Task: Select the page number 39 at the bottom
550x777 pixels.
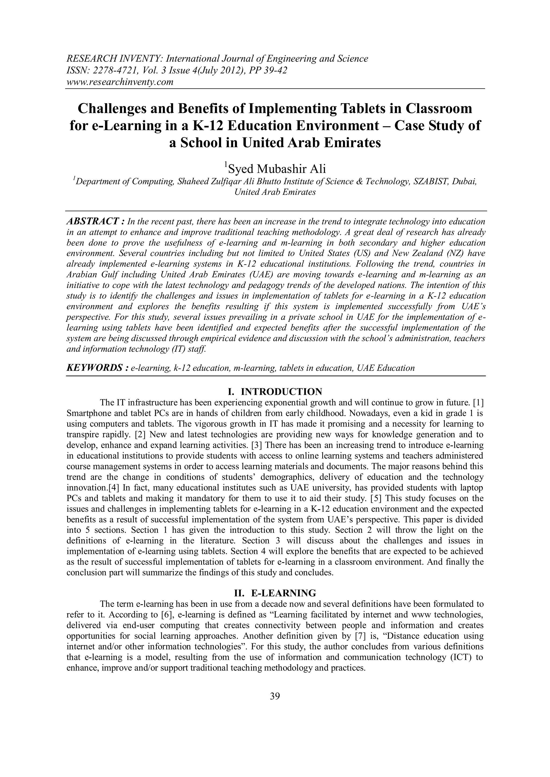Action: coord(275,696)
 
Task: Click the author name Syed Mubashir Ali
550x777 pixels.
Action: coord(275,169)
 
